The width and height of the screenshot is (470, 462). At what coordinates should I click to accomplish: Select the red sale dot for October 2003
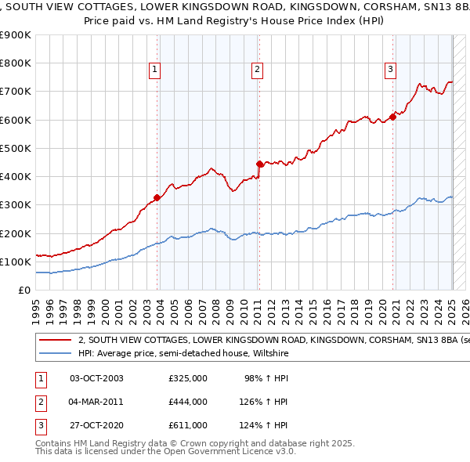point(157,197)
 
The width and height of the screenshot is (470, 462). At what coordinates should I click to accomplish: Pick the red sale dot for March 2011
point(259,164)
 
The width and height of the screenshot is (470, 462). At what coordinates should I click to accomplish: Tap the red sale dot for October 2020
point(392,117)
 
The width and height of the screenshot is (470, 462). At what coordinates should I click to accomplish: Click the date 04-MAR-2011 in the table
point(97,402)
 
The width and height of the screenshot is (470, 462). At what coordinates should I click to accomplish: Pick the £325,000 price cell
point(188,378)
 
